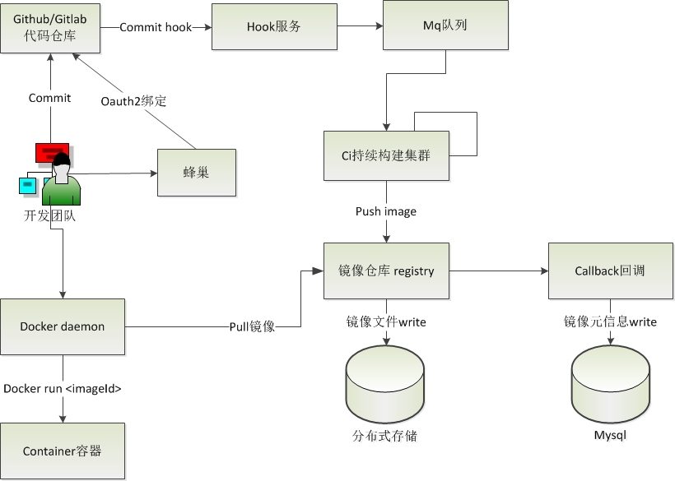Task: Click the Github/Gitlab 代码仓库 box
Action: click(50, 26)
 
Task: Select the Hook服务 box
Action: click(274, 26)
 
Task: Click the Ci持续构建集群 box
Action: click(387, 155)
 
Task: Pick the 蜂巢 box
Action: click(196, 172)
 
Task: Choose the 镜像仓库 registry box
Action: click(387, 271)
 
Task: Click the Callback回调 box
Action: click(610, 271)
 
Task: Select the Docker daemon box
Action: click(63, 326)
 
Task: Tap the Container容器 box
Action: click(63, 451)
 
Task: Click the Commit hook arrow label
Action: click(156, 27)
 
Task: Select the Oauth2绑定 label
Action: click(133, 101)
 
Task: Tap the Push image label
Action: click(386, 211)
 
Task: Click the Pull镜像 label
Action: click(252, 326)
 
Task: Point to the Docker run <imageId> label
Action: click(63, 388)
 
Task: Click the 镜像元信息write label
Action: click(610, 321)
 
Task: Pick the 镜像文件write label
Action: click(386, 321)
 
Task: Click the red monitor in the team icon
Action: click(51, 151)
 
